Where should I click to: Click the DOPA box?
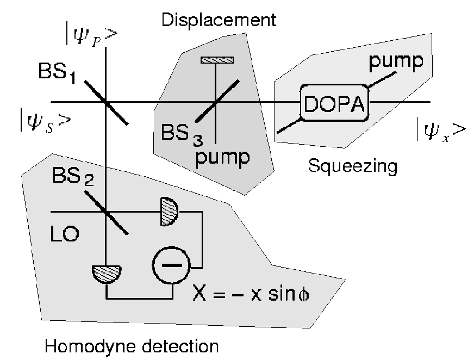(335, 103)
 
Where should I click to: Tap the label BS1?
(57, 73)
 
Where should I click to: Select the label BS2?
(73, 176)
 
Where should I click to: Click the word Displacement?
(219, 20)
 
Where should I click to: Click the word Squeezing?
(352, 166)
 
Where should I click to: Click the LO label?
(65, 234)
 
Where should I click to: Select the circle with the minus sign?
(172, 265)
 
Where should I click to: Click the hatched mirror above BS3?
(217, 60)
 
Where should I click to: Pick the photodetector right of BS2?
(169, 212)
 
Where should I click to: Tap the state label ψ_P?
(92, 36)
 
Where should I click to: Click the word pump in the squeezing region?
(396, 62)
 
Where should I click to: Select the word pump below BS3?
(223, 158)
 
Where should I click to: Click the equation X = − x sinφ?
(251, 294)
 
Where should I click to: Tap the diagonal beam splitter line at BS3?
(217, 101)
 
